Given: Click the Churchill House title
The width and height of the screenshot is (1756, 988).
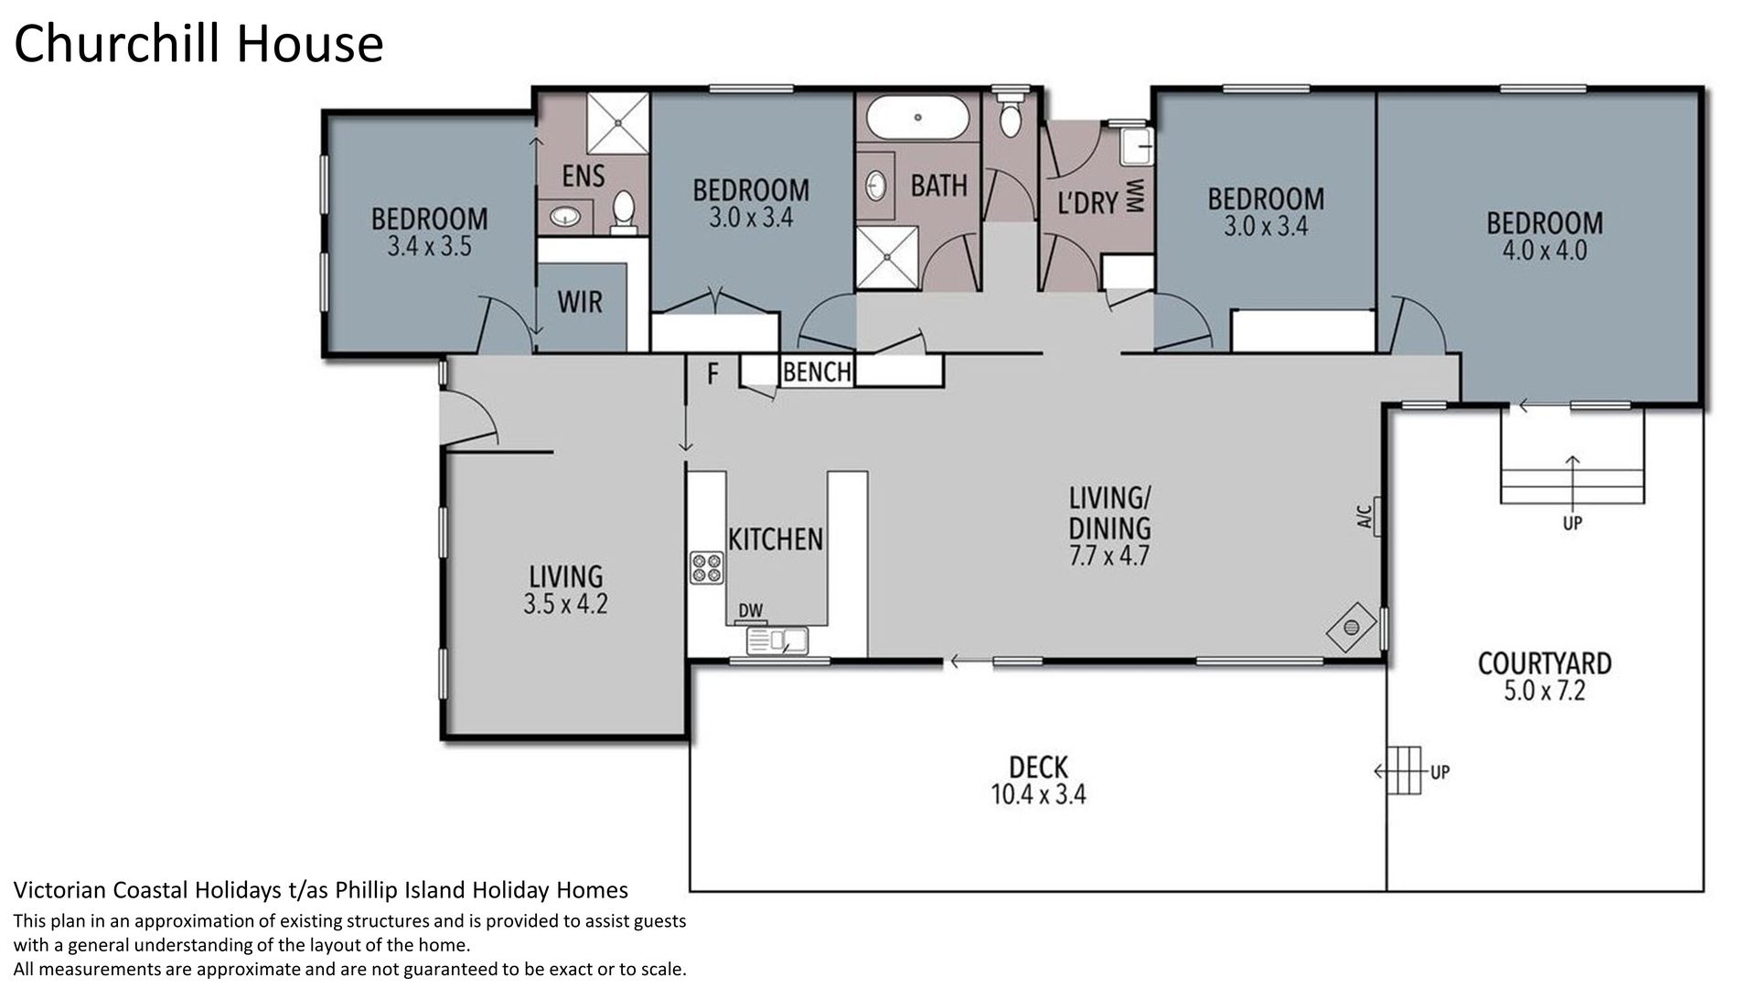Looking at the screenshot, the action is point(198,44).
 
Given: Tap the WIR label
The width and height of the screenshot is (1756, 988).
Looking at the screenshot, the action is point(580,302).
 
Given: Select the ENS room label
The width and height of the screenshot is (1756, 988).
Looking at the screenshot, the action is point(584,175).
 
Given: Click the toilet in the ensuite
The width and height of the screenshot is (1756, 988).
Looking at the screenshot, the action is point(624,212).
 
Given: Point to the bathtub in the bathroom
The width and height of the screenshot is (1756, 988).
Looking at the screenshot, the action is point(916,117).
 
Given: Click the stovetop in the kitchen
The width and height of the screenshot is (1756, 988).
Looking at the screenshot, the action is point(707,568).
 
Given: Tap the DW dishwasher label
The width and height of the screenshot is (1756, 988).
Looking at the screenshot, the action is point(751,611).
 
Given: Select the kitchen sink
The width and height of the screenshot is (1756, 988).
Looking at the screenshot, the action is point(777,641).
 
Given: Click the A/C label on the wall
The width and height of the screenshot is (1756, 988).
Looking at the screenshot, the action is point(1365,517).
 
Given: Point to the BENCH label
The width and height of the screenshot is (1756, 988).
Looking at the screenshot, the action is point(817,371).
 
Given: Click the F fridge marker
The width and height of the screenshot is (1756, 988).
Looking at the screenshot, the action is point(712,373).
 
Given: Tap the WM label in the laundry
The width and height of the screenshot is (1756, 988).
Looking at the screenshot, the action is point(1136,198).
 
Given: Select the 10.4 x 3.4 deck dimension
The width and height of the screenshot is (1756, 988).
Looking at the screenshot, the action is point(1038,795).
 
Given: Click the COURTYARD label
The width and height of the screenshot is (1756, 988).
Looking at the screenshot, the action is point(1545,663).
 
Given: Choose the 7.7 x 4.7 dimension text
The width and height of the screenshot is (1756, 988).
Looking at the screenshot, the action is point(1109,555).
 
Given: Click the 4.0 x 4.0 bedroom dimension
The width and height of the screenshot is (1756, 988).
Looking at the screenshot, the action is point(1545,251).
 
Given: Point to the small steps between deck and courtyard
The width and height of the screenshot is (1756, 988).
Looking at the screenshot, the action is point(1405,771).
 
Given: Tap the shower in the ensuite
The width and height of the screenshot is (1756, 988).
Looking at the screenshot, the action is point(617,123).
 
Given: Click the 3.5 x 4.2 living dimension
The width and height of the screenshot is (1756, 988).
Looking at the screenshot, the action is point(565,604).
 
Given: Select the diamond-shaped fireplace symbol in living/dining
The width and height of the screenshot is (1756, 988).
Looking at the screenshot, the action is point(1351,628).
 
